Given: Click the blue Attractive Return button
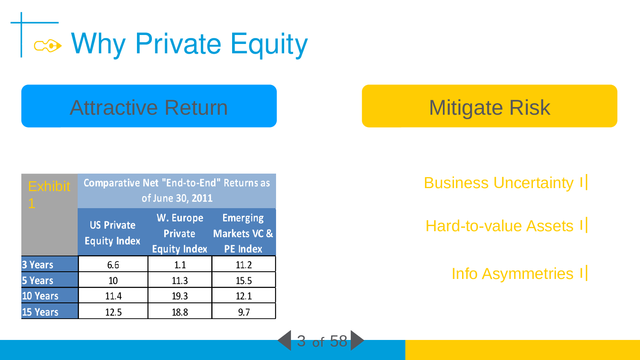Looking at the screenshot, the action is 149,106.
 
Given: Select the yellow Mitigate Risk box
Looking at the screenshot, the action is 489,106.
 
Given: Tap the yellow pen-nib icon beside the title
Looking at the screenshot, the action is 48,46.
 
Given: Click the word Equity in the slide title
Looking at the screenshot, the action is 269,44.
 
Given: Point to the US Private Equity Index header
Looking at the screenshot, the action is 113,233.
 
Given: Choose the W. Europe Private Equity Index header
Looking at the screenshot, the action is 180,233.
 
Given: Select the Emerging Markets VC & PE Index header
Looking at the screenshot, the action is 243,233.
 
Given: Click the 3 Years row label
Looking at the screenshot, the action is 38,264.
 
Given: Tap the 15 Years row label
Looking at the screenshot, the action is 40,312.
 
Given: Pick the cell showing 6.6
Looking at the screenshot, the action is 113,264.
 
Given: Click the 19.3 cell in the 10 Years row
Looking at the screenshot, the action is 180,296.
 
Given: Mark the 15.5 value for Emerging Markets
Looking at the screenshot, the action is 244,280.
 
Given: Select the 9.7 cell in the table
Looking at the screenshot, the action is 244,312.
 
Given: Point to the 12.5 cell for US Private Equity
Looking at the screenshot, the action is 113,312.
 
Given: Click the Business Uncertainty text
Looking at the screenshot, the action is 499,183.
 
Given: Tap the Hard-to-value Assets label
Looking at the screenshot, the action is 500,226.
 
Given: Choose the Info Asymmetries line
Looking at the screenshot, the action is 512,274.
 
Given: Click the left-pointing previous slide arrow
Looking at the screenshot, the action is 285,340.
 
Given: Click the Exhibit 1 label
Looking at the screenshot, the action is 49,195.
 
